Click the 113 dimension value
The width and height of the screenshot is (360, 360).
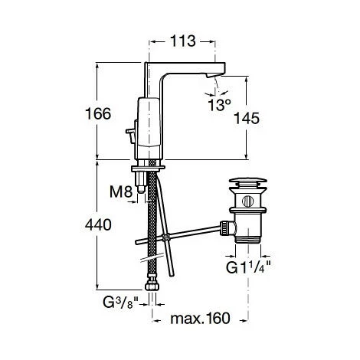pos(183,40)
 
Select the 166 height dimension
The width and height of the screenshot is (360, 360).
pos(97,113)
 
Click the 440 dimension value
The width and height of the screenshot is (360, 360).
pos(97,226)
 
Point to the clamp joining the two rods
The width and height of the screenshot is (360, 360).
pos(166,239)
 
